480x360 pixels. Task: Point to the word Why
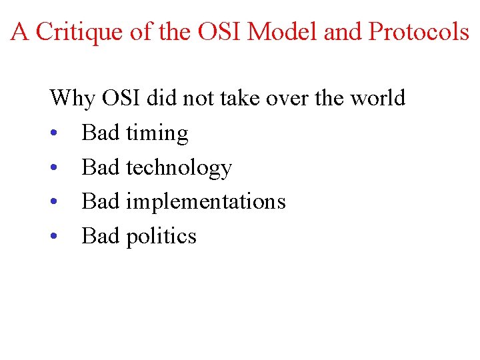point(73,99)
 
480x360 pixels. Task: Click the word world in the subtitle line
point(377,98)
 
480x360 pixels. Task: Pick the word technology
point(179,168)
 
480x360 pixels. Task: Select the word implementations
point(205,202)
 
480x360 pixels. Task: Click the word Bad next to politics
point(100,236)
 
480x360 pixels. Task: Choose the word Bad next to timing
point(100,133)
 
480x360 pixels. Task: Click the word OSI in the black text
point(121,98)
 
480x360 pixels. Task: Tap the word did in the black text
point(161,98)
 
